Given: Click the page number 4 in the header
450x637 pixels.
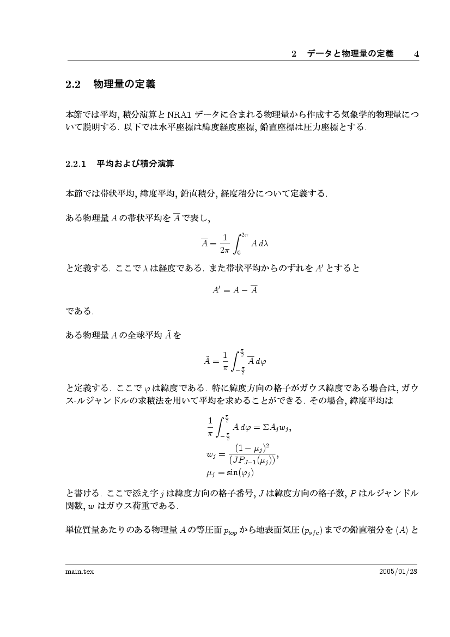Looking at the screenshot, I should click(416, 54).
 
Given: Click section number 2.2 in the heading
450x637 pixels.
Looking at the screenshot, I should click(73, 85).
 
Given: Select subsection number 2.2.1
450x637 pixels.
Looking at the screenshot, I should click(76, 163).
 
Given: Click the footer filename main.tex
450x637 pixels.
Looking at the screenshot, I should click(77, 571).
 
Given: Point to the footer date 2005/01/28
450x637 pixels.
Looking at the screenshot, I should click(398, 571).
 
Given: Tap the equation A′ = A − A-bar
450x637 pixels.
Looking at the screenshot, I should click(234, 290).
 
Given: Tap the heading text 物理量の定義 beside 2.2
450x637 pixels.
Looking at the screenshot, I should click(125, 85).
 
